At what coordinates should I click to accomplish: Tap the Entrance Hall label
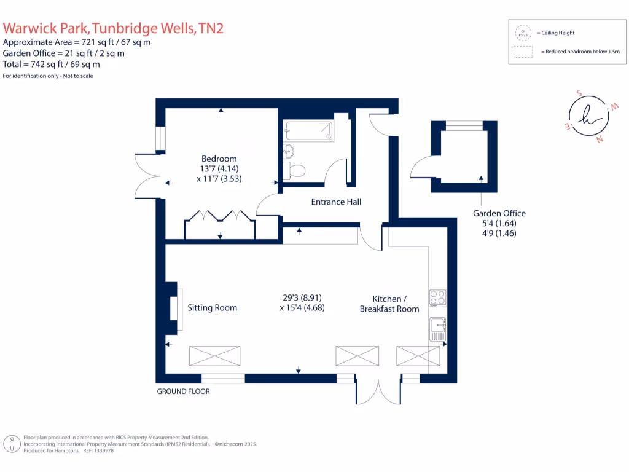[336, 202]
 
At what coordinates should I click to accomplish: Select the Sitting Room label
[213, 308]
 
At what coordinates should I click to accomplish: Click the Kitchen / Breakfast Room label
[389, 304]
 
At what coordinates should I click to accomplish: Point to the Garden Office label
[499, 213]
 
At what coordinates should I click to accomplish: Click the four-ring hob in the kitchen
[437, 297]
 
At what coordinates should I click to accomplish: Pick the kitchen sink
[437, 328]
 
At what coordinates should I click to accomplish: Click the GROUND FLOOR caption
[183, 391]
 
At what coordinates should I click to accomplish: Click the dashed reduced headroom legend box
[523, 52]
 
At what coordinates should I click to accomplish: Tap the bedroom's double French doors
[146, 176]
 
